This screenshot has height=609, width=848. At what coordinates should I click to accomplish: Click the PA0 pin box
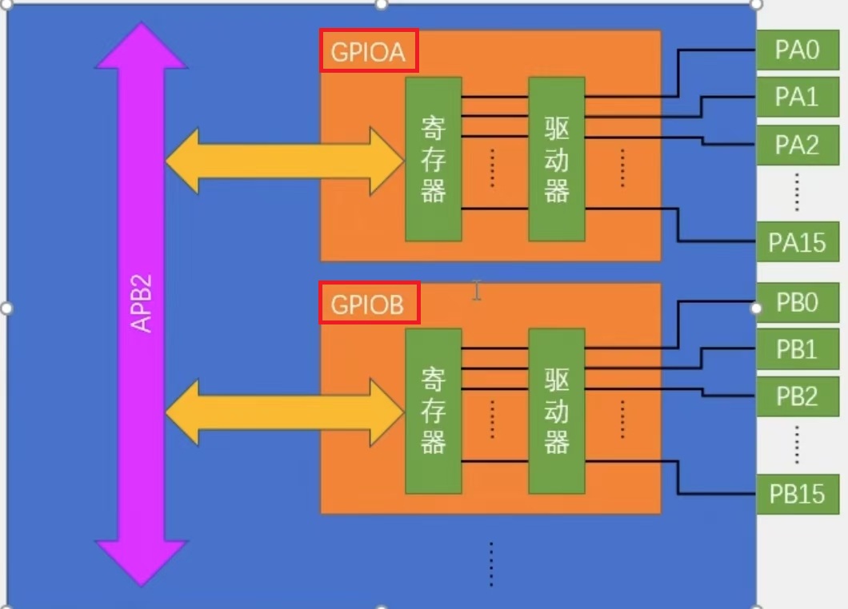tap(797, 51)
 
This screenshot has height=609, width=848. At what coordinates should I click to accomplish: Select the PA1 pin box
tap(797, 98)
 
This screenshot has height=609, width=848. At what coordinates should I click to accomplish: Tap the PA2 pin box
tap(797, 145)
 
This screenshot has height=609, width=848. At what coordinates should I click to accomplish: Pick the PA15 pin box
tap(797, 242)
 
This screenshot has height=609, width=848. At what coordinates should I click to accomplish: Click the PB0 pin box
tap(797, 304)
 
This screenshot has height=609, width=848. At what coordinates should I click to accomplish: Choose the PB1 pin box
tap(797, 349)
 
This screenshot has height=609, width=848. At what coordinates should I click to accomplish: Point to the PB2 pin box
tap(797, 396)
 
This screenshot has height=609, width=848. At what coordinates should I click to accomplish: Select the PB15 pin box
tap(797, 494)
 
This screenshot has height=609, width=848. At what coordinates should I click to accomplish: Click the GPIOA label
tap(369, 52)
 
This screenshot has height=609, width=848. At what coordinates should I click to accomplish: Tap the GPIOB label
tap(369, 304)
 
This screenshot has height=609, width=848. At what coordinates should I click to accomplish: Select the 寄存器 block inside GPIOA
tap(433, 159)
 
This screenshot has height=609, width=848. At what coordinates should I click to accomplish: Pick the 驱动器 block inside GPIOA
tap(556, 159)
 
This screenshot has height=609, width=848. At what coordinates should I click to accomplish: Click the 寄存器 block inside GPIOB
tap(433, 411)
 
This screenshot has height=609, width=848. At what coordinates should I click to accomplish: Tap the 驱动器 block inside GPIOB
tap(556, 411)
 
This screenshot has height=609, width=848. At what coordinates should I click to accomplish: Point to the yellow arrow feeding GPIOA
tap(284, 160)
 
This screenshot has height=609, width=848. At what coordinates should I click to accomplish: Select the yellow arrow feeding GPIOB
tap(284, 412)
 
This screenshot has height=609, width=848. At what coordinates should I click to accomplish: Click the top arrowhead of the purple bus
tap(141, 48)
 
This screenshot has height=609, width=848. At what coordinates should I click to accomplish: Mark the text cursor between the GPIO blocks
tap(477, 290)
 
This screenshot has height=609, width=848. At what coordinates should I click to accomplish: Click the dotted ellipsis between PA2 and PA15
tap(798, 193)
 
